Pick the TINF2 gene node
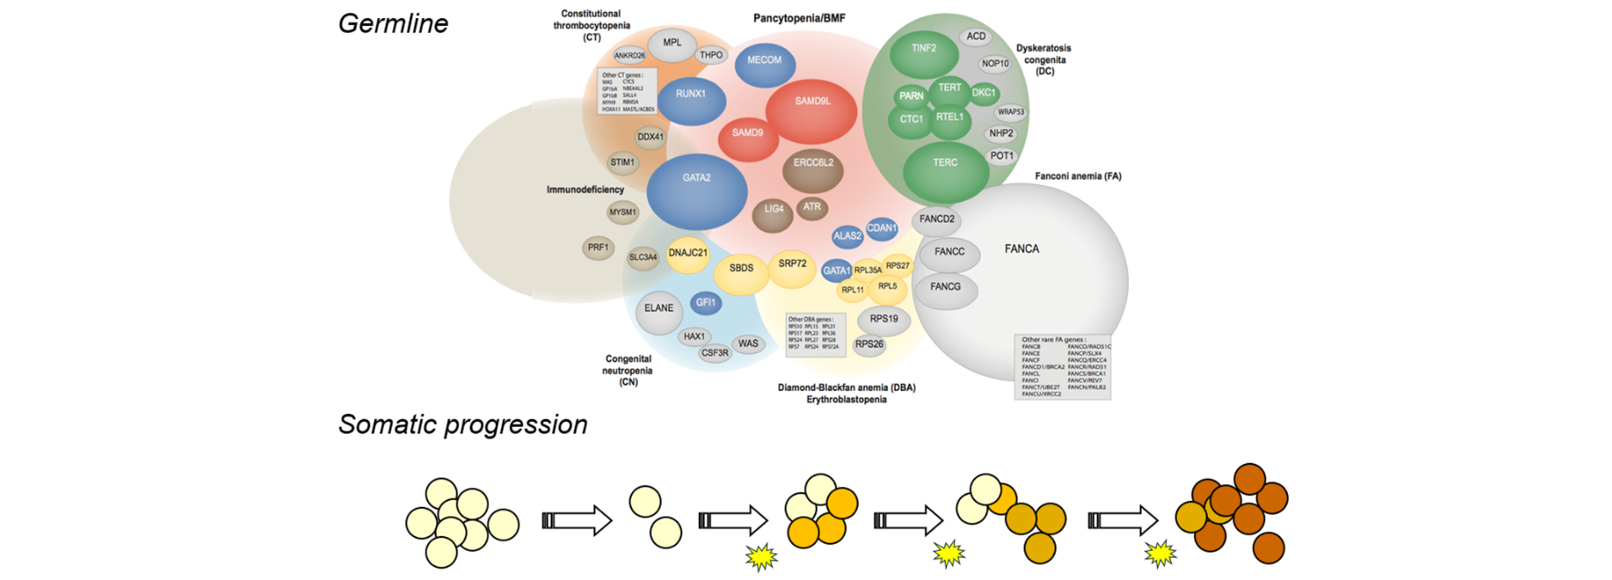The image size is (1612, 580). tap(924, 53)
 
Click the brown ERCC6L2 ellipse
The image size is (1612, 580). tap(812, 168)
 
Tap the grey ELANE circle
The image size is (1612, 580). tap(659, 312)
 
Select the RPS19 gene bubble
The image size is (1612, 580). tap(884, 321)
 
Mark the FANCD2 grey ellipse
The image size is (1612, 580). tap(936, 220)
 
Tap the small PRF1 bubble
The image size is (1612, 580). tap(598, 247)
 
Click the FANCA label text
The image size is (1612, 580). tap(1021, 249)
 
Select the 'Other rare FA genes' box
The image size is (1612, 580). tap(1063, 367)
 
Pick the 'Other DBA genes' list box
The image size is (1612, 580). tap(816, 335)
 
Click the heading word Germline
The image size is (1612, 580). tap(393, 23)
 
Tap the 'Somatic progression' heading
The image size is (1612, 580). tap(463, 424)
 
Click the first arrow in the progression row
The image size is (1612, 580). tap(576, 521)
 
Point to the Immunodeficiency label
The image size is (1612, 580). tap(585, 190)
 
